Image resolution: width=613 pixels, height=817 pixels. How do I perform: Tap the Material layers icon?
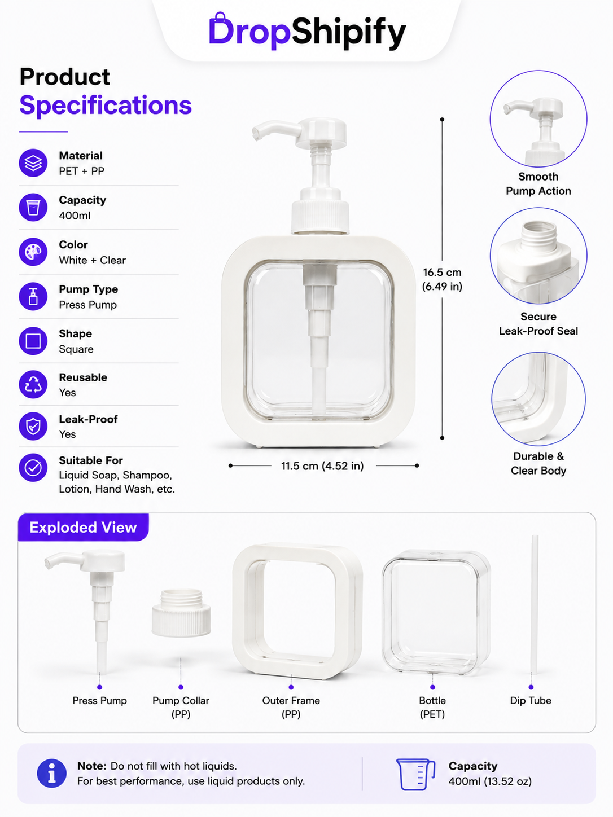click(x=33, y=162)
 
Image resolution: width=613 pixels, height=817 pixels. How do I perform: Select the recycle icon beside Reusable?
click(x=33, y=384)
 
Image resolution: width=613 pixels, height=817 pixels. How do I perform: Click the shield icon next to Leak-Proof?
click(x=33, y=426)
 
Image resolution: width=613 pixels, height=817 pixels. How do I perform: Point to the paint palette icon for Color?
click(x=33, y=252)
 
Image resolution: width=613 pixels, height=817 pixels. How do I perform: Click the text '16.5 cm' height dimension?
click(x=442, y=273)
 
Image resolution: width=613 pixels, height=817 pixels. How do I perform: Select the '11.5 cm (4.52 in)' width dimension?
click(x=322, y=466)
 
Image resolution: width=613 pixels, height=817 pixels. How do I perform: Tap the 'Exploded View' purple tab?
click(x=84, y=528)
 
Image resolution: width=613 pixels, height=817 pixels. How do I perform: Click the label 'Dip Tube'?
click(x=531, y=701)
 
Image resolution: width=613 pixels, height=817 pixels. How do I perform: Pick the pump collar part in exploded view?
click(x=181, y=612)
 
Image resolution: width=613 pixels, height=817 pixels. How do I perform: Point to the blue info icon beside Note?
click(x=52, y=774)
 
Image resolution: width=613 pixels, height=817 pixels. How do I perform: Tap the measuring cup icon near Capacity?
click(x=415, y=774)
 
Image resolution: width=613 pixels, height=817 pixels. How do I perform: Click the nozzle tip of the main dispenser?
click(x=256, y=134)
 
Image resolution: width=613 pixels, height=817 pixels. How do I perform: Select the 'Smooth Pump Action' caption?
click(x=538, y=183)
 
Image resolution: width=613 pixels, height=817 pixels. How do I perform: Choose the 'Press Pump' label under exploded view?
click(x=100, y=701)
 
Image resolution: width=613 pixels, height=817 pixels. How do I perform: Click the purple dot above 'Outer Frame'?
click(x=291, y=687)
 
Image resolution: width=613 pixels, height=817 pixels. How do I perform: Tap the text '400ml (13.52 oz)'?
click(x=490, y=781)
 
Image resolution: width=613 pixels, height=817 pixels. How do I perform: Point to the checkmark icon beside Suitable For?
click(x=33, y=468)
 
